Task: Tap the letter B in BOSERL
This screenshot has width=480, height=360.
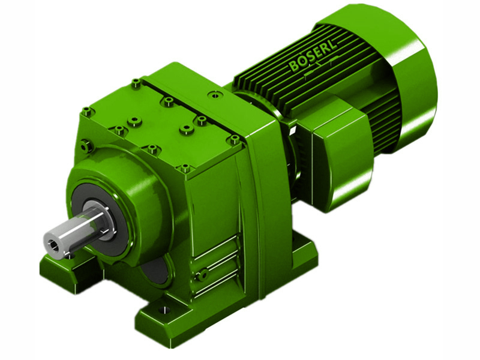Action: (293, 66)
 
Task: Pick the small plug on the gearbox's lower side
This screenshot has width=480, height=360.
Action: (203, 274)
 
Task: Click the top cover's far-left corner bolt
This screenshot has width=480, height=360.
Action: (88, 110)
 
